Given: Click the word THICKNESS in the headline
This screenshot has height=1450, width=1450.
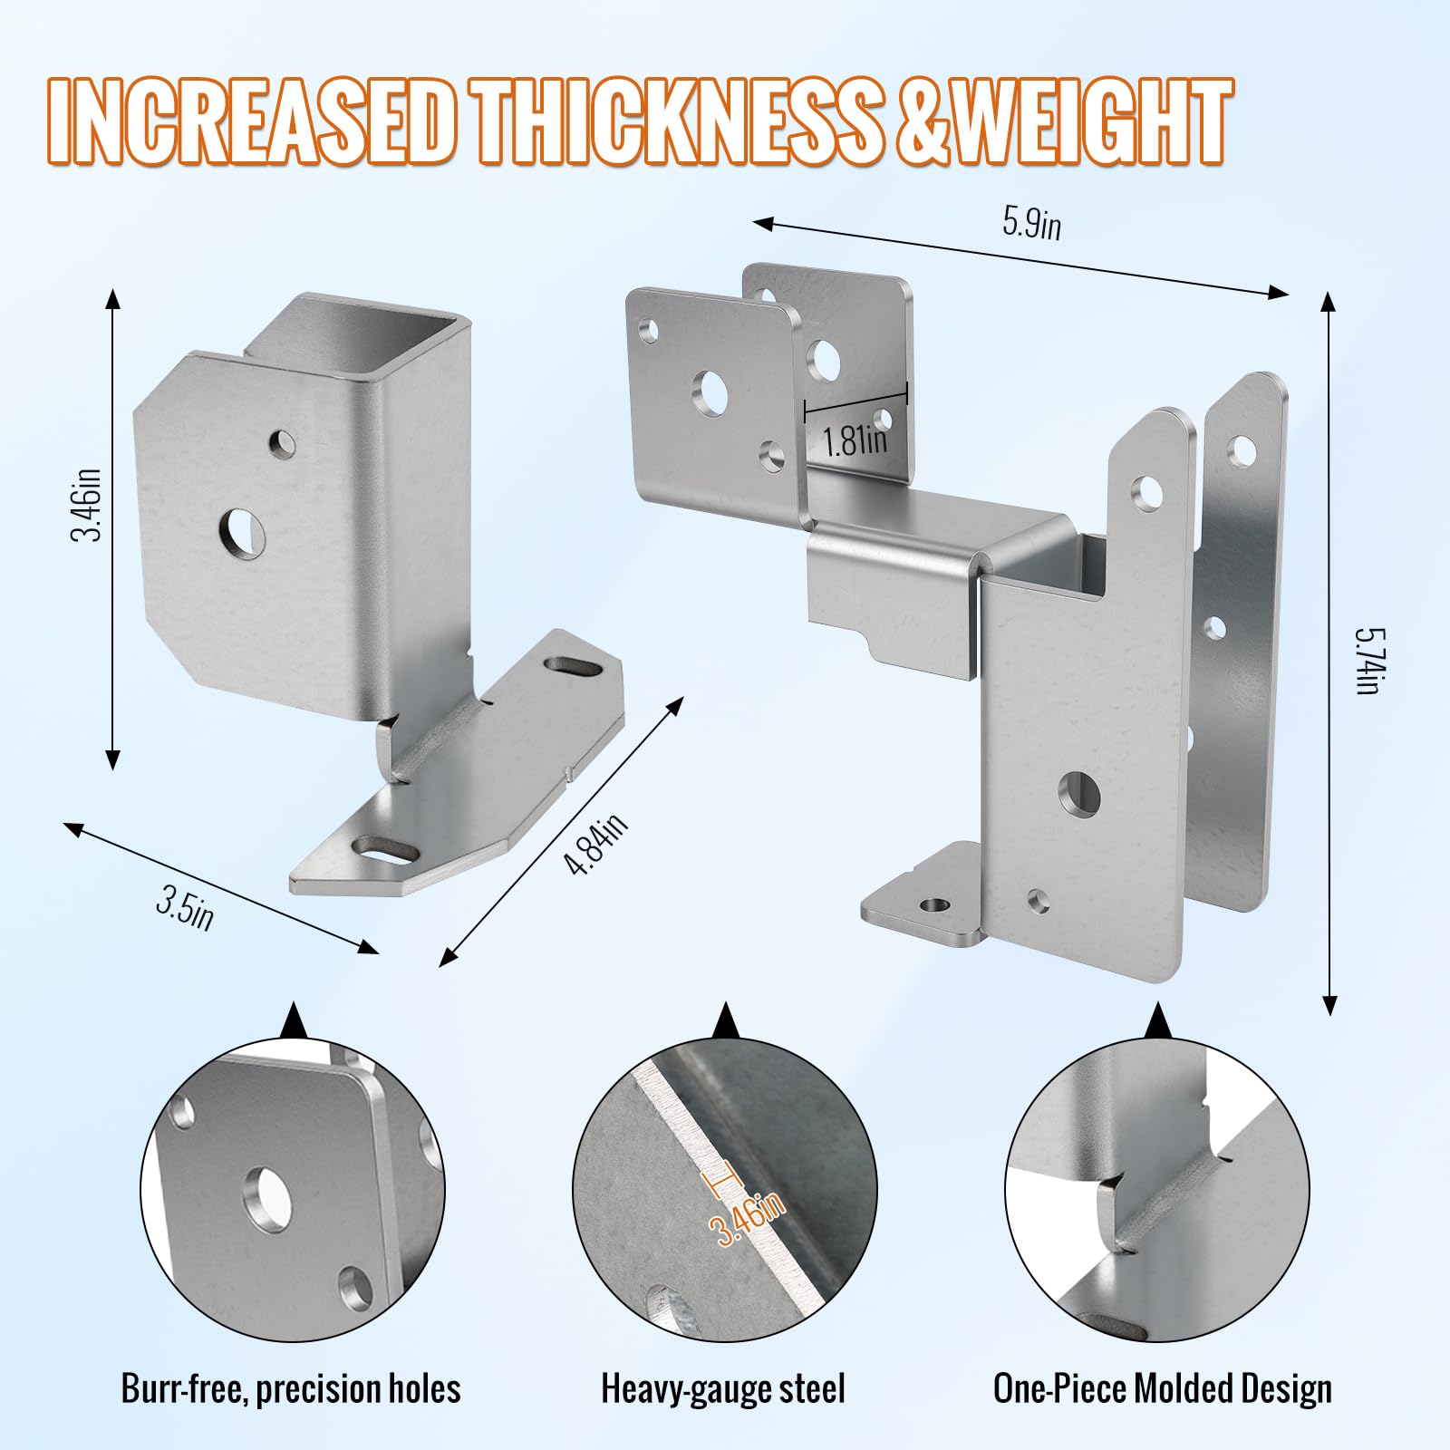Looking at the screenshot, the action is pyautogui.click(x=680, y=121).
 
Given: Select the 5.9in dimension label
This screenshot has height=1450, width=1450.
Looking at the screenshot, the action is pyautogui.click(x=1031, y=223).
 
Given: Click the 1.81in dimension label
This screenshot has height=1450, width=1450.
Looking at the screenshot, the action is pyautogui.click(x=855, y=440).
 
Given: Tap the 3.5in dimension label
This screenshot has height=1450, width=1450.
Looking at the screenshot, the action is pyautogui.click(x=185, y=908).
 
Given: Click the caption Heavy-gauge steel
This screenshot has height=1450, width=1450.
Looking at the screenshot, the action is pyautogui.click(x=723, y=1389).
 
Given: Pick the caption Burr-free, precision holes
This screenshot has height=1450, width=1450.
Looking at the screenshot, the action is pyautogui.click(x=291, y=1389).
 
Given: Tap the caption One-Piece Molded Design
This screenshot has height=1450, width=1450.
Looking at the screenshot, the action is pyautogui.click(x=1163, y=1389).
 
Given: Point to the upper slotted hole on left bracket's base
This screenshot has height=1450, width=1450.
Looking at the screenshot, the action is pyautogui.click(x=575, y=668).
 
